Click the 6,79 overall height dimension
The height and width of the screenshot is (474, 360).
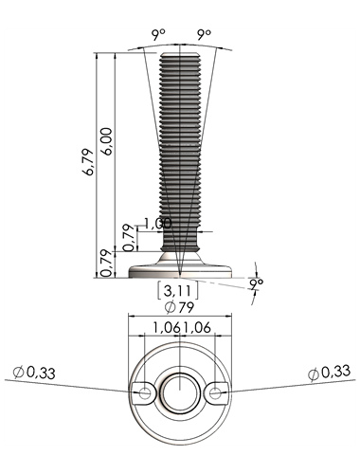pos(88,162)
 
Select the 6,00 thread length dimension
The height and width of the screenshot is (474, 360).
pos(106,141)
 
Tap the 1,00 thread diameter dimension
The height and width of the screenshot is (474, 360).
pos(157,223)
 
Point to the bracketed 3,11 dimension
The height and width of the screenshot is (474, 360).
pos(178,291)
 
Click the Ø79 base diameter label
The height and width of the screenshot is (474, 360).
pos(179,307)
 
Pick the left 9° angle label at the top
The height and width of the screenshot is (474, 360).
pos(158,34)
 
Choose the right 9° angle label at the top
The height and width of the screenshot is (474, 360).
pos(204,34)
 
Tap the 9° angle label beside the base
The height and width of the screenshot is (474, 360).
pos(257,283)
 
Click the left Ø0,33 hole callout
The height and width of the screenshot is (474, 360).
pos(34,373)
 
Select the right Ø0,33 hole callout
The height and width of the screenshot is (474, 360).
pos(330,373)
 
